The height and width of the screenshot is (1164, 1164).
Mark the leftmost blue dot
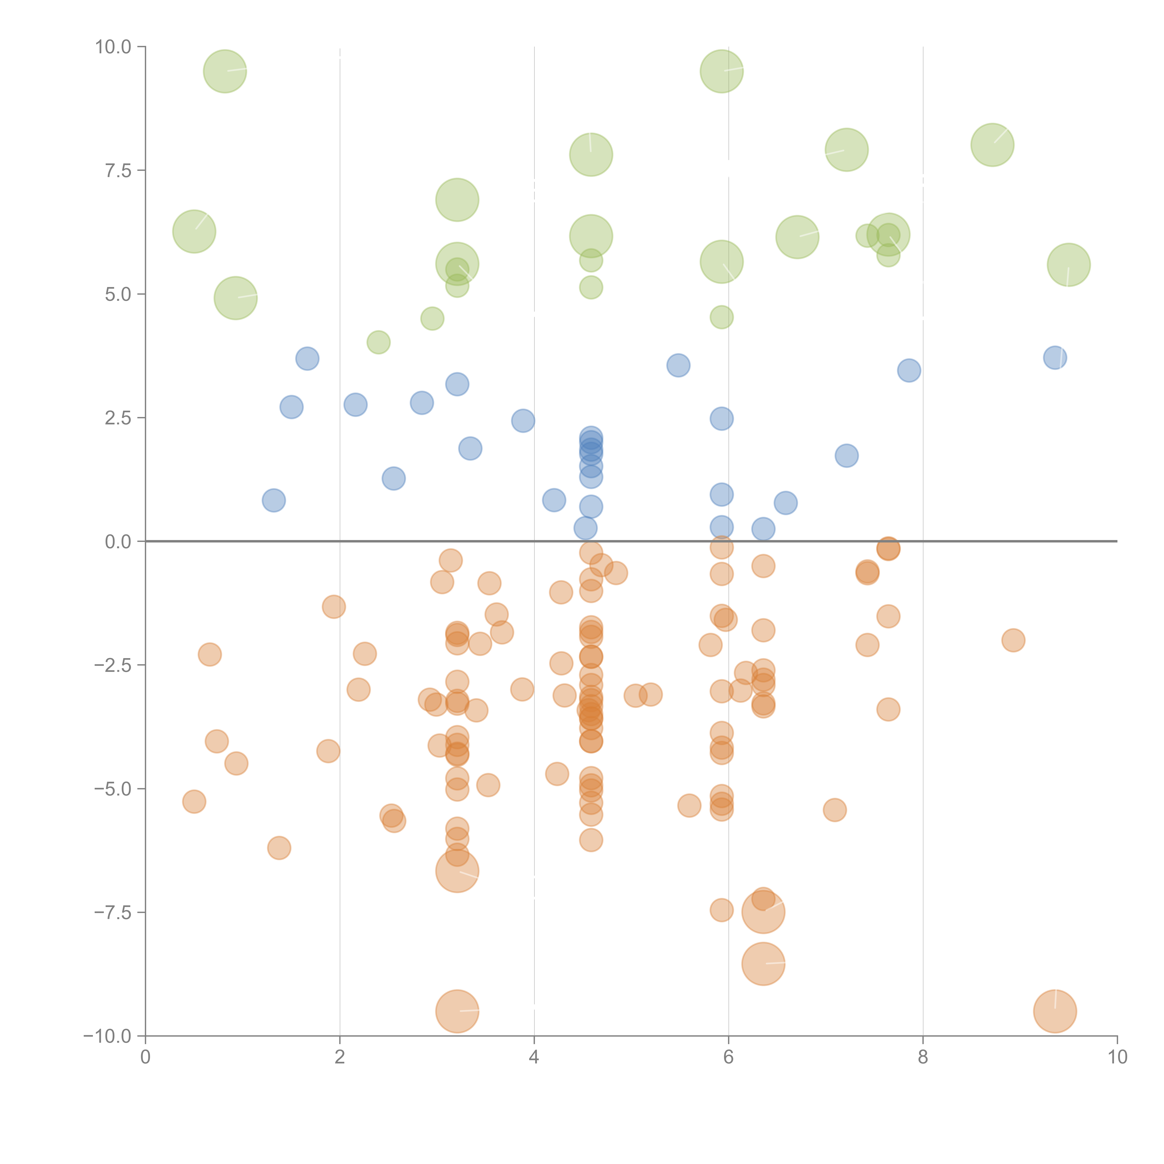(274, 500)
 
